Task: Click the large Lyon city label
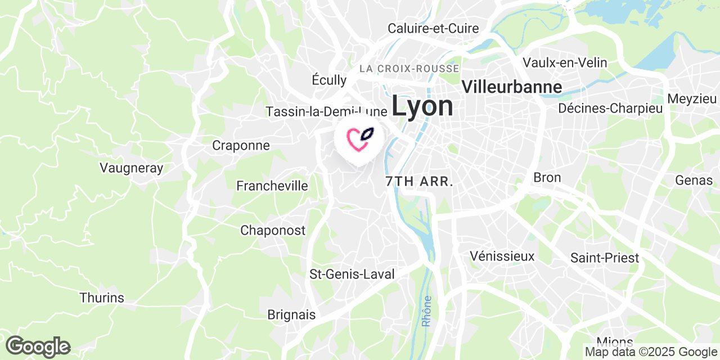point(422,106)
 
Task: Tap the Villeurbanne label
point(511,87)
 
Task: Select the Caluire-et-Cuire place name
point(433,28)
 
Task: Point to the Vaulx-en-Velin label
point(565,62)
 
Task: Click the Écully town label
point(329,80)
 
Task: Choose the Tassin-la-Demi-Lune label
point(327,111)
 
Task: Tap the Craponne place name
point(241,145)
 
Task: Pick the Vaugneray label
point(131,168)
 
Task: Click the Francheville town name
point(272,186)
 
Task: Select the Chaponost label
point(273,230)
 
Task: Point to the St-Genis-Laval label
point(352,274)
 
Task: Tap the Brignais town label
point(291,315)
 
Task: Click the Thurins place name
point(102,298)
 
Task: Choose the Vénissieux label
point(502,256)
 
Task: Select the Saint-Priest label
point(605,258)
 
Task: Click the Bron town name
point(547,178)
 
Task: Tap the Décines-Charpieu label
point(610,109)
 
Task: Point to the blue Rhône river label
point(427,311)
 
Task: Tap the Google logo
point(38,346)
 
